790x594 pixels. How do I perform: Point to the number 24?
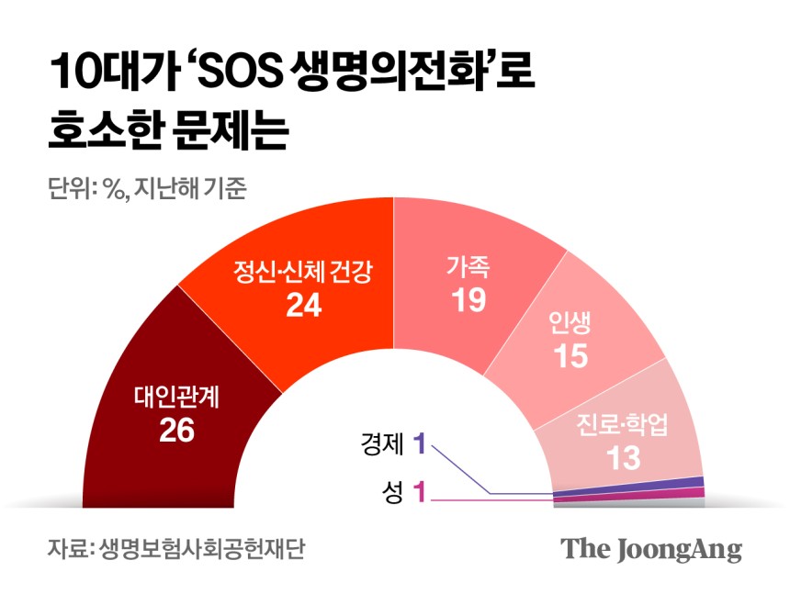303,306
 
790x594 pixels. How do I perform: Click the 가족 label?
468,267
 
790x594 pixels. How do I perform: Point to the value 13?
624,457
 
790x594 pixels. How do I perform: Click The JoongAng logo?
651,549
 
